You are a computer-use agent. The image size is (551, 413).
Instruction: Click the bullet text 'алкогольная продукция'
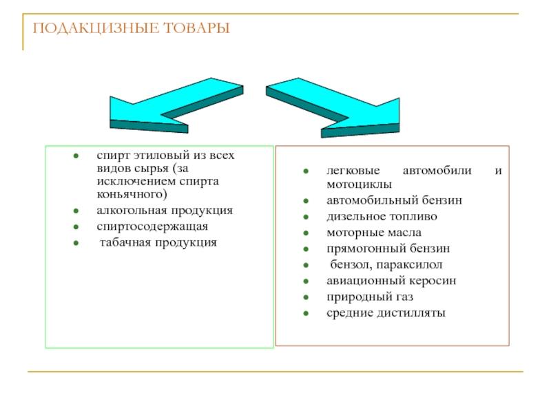[x=165, y=211]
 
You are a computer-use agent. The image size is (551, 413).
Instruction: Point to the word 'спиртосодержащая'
[x=152, y=226]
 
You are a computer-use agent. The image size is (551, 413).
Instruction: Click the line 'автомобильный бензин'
[x=394, y=201]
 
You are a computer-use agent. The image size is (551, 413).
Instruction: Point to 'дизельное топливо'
[x=382, y=217]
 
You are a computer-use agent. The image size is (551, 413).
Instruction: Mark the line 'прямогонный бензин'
[x=388, y=248]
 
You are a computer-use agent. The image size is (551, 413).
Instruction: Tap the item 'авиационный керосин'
[x=391, y=281]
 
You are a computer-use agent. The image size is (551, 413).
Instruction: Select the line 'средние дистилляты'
[x=386, y=313]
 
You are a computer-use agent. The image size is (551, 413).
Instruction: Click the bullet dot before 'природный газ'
[x=304, y=297]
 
